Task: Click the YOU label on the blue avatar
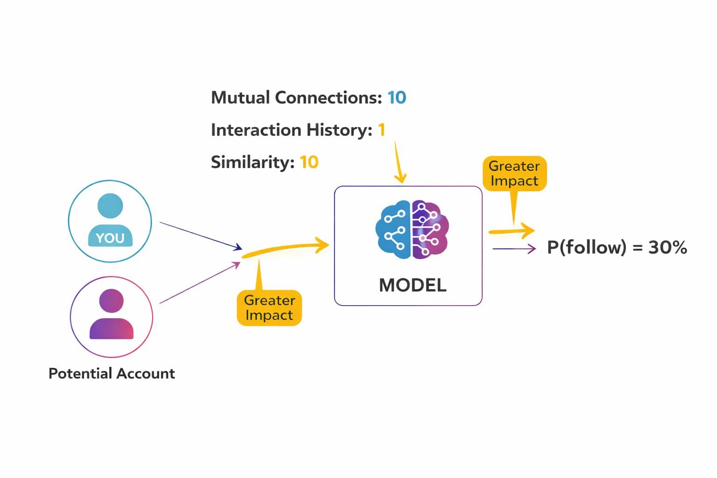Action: (110, 238)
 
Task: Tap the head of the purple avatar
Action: (111, 300)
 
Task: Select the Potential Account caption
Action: (112, 373)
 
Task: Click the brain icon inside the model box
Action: (412, 230)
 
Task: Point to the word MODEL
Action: (413, 285)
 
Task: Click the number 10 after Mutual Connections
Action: (397, 98)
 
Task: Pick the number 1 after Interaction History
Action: (381, 130)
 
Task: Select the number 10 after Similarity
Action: (309, 162)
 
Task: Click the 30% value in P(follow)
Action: (668, 247)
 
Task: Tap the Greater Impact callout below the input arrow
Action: (269, 308)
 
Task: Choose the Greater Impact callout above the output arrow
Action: (514, 173)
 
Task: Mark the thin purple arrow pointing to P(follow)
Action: (513, 249)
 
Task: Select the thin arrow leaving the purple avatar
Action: (200, 283)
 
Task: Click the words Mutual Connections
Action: (296, 98)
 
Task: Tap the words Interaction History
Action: (291, 130)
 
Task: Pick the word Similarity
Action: (252, 162)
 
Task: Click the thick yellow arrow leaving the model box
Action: (511, 231)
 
